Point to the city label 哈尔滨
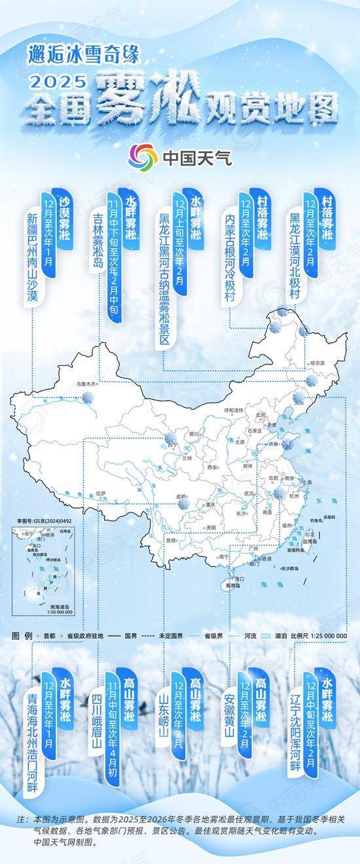pos(317,362)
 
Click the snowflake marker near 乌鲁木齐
pos(87,397)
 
